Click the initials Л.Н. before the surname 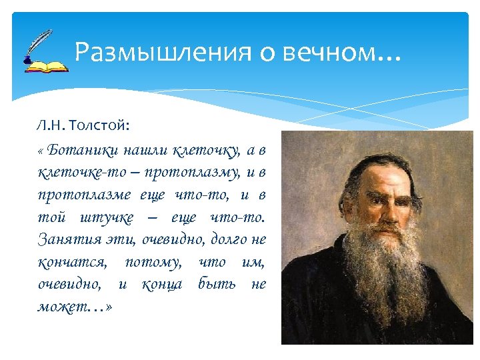(x=51, y=125)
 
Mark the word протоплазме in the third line (x=85, y=195)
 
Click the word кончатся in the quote (x=71, y=262)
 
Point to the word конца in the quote (x=162, y=285)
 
